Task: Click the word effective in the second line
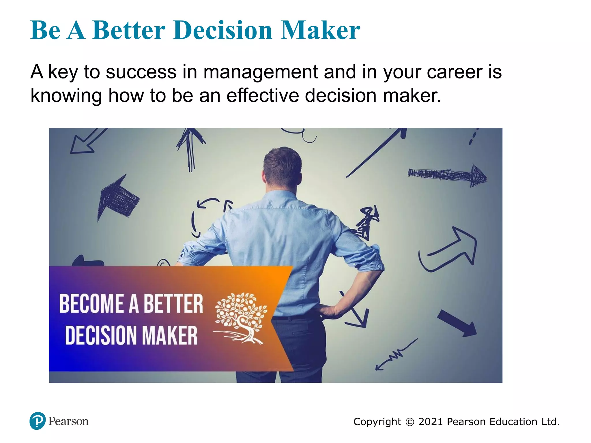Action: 263,95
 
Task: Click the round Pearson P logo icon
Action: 38,421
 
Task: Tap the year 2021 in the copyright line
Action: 431,422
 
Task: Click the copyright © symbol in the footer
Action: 410,422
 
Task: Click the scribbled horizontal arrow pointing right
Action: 447,175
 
